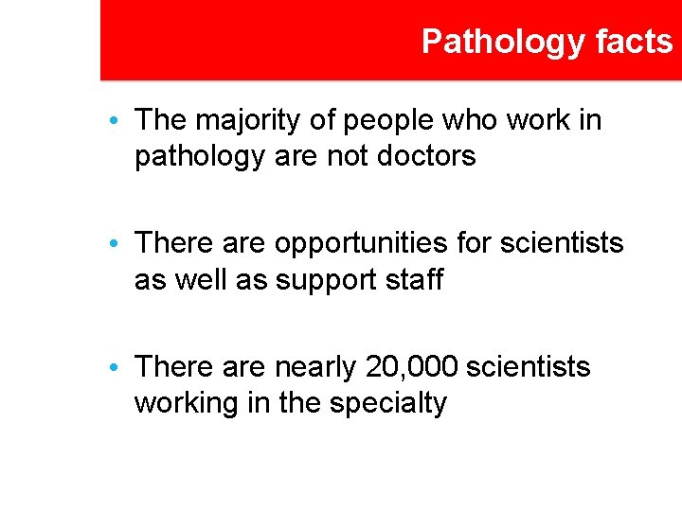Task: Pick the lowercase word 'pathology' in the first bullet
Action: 197,155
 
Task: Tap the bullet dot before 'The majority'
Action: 114,122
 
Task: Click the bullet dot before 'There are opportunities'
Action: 114,245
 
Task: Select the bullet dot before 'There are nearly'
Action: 114,368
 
